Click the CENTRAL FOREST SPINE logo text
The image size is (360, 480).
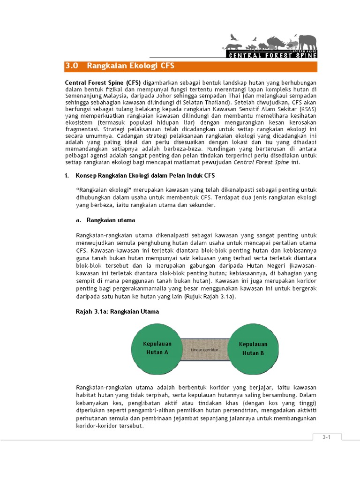tap(272, 55)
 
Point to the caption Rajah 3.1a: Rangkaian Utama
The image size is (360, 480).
tap(117, 311)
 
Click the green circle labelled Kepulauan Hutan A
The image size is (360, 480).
tap(157, 348)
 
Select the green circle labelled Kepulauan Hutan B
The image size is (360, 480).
tap(253, 348)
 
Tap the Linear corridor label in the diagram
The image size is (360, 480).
tap(205, 350)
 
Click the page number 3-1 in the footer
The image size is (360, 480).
tap(326, 437)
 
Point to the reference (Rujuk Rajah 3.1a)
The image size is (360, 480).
tap(210, 297)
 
